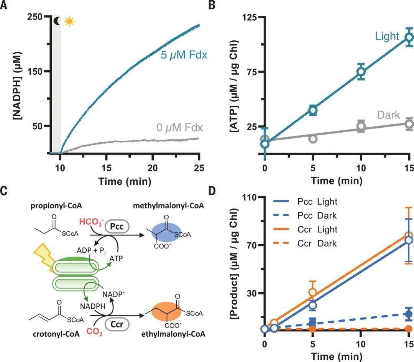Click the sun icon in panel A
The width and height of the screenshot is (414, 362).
[x=69, y=21]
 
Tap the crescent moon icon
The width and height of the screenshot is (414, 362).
[x=57, y=21]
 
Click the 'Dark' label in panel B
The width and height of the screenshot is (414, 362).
[x=388, y=115]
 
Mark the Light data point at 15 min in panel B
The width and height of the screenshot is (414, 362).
[x=409, y=37]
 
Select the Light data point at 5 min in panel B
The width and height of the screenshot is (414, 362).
[x=313, y=110]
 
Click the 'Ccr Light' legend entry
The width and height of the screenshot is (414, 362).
[x=305, y=229]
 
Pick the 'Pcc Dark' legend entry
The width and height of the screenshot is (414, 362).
[x=305, y=216]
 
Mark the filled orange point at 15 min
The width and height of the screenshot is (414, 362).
[x=409, y=329]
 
